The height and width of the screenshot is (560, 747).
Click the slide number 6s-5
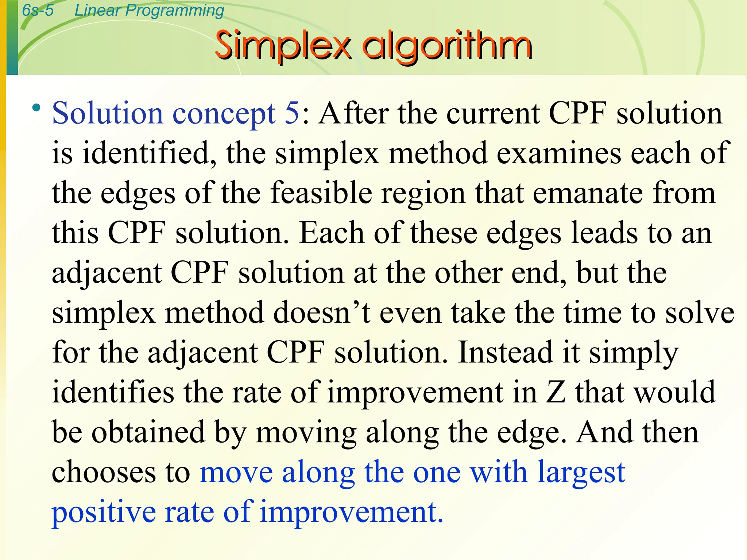[38, 10]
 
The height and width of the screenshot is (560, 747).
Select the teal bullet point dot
[36, 108]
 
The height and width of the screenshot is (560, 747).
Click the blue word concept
[224, 113]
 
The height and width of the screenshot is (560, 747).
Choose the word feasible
[321, 193]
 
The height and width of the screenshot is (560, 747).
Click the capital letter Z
[556, 392]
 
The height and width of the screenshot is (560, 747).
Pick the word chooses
[104, 472]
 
